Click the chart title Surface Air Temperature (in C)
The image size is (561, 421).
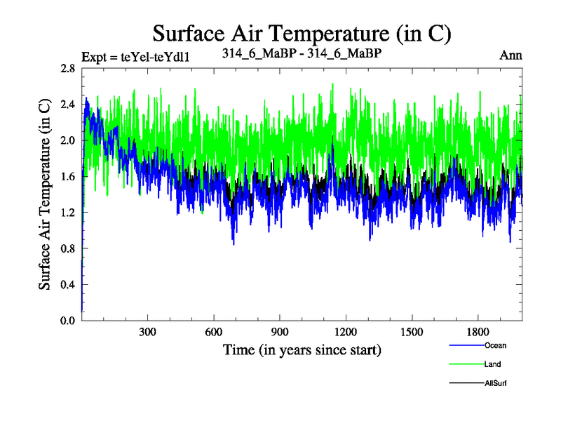[302, 33]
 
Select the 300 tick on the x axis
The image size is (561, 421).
[148, 332]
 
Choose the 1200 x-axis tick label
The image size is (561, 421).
[346, 332]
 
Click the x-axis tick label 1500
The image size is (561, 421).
[412, 332]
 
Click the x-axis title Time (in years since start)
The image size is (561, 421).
[302, 349]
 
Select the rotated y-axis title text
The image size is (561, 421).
[44, 194]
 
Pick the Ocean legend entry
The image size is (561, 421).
[494, 345]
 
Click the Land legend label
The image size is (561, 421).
[492, 364]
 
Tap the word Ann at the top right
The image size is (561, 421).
[511, 54]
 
